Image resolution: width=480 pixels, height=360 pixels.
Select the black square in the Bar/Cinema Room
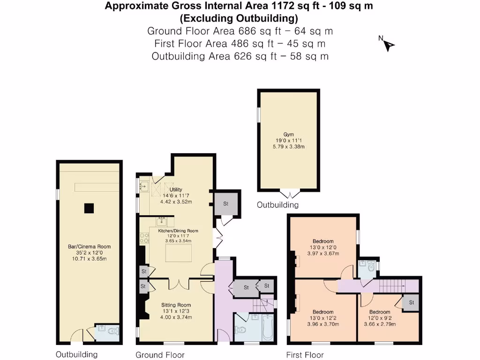tap(89, 208)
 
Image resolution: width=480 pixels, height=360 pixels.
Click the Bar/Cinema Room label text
tap(89, 247)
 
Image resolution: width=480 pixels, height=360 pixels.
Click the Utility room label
tap(176, 189)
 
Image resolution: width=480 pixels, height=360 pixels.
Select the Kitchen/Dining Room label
tap(178, 231)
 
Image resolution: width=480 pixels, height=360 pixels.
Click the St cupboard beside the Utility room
tap(225, 204)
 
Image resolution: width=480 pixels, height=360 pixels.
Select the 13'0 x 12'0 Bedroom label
tap(323, 242)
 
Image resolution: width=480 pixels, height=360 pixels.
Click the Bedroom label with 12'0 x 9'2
tap(379, 312)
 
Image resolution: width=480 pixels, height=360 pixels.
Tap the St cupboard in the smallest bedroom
tap(411, 303)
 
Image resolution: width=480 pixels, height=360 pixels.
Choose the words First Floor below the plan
tap(305, 355)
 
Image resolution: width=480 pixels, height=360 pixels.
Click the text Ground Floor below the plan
tap(160, 355)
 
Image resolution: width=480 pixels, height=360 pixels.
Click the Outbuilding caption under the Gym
tap(277, 205)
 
